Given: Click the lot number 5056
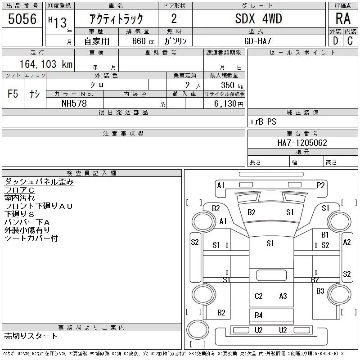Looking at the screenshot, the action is tap(22, 19).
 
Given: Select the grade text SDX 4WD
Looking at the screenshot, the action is tap(258, 18).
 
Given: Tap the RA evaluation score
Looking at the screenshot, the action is tap(343, 18).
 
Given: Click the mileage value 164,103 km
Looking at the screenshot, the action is tap(46, 64).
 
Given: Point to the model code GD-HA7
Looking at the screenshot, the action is tap(257, 41).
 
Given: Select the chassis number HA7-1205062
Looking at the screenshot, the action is tap(302, 143).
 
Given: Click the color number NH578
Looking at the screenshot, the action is tap(74, 103).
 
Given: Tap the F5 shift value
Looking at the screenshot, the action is tap(13, 94).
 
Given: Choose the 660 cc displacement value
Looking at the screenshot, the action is tap(143, 41).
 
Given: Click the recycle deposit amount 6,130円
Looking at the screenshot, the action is tap(229, 104).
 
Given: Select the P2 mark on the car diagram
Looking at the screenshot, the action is tap(321, 185).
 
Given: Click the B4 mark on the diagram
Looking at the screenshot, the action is tap(258, 315).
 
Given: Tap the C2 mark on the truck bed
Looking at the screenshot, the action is tap(258, 296).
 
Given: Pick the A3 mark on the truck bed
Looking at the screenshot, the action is tap(283, 296).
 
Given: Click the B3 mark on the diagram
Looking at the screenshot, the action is tap(320, 291).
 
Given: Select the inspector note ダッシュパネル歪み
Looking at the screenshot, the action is tap(39, 182).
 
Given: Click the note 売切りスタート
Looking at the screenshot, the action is tap(31, 336).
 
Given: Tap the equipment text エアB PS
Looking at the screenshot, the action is tap(263, 121).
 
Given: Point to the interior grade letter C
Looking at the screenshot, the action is tap(350, 41).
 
